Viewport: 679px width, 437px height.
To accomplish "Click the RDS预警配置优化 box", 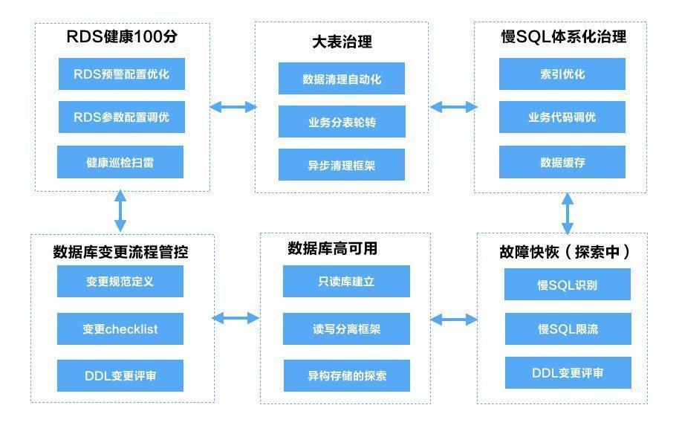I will [x=121, y=74].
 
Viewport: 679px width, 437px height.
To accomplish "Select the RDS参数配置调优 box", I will [x=121, y=117].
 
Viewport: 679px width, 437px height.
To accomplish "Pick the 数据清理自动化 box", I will [x=342, y=79].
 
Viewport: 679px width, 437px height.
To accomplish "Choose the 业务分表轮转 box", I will [x=342, y=122].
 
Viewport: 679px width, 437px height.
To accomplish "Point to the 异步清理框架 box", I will [x=342, y=165].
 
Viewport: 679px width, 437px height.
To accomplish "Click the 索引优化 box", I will [x=562, y=74].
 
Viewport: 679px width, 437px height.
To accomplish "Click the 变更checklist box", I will [x=120, y=329].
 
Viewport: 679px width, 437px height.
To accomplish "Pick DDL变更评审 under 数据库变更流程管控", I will [x=120, y=375].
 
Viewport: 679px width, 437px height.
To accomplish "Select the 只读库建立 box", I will [x=346, y=282].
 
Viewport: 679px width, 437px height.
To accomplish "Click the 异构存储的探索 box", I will [x=346, y=375].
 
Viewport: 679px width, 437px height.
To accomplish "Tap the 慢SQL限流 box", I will [x=568, y=328].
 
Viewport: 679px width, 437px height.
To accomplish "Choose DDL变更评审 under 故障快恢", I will [x=568, y=373].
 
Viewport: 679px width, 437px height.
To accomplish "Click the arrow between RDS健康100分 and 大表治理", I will [x=233, y=107].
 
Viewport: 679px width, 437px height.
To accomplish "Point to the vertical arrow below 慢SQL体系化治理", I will [x=568, y=213].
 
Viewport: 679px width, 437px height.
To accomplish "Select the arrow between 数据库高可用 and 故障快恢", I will [x=454, y=320].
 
